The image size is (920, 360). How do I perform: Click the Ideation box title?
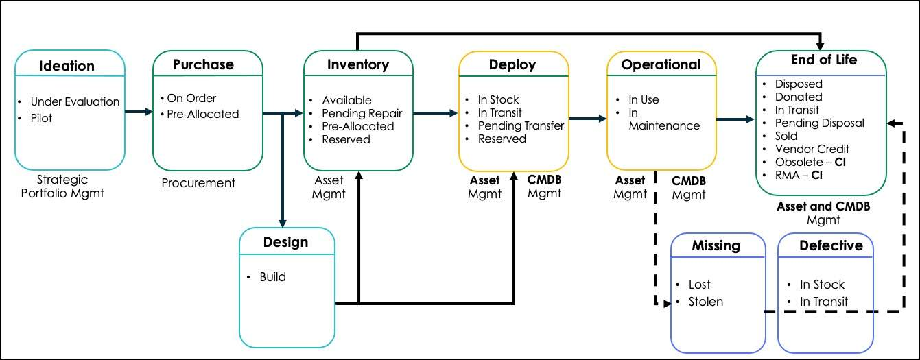coord(67,66)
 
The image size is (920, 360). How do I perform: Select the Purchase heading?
coord(203,64)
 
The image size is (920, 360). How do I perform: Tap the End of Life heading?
coord(823,60)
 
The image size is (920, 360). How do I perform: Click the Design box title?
coord(285,242)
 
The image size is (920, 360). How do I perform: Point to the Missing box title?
coord(716,245)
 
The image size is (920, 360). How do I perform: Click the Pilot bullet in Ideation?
coord(41,118)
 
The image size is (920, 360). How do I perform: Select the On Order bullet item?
coord(191,98)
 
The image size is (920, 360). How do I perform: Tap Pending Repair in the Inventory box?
coord(362,113)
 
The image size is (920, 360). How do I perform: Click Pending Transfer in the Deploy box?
coord(521,125)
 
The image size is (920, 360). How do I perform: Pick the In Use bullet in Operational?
coord(644,99)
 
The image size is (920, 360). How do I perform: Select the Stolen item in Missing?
coord(705,302)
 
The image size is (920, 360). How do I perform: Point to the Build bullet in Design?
coord(272,277)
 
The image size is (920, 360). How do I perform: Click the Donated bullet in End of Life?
coord(798,97)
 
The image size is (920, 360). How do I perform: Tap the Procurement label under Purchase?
coord(198,183)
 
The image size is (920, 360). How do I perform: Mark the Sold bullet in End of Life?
coord(787,136)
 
